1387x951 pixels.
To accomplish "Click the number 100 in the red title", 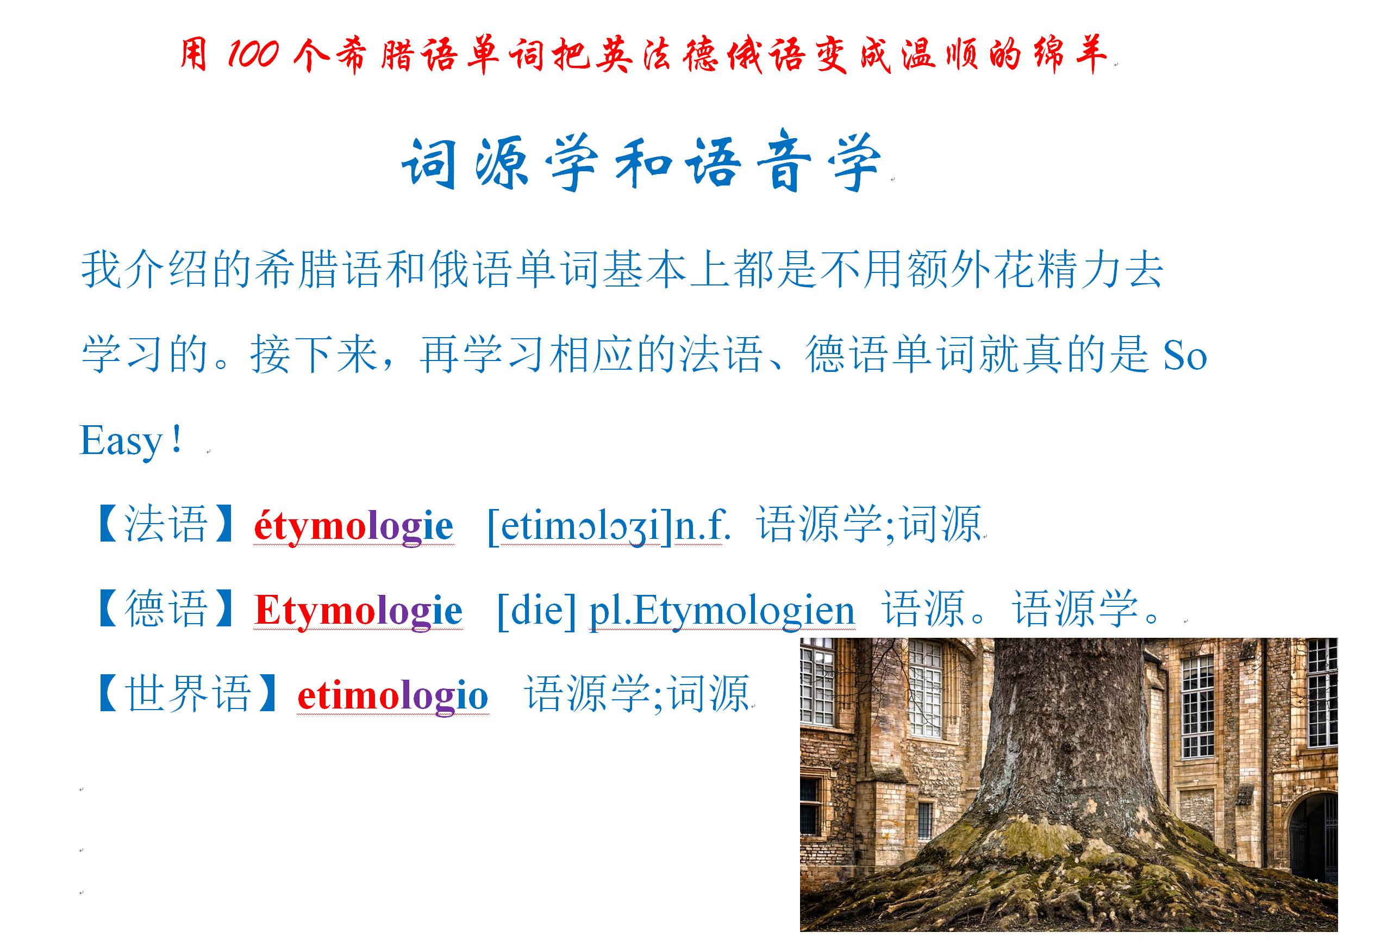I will click(x=252, y=54).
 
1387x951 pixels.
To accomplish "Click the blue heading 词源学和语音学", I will click(x=641, y=163).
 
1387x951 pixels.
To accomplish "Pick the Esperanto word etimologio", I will click(x=393, y=696).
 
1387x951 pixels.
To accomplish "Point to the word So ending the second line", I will click(x=1185, y=356).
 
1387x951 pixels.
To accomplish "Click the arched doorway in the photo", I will click(x=1310, y=836).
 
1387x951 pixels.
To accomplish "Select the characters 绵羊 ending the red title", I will click(x=1070, y=54).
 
